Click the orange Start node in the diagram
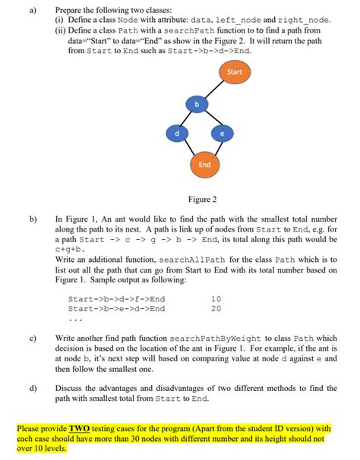[235, 72]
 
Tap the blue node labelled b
[197, 103]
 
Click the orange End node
[204, 165]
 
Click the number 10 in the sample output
[216, 299]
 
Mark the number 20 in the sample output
[216, 309]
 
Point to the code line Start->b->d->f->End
[116, 299]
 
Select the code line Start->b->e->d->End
[116, 309]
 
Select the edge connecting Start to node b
[216, 87]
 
